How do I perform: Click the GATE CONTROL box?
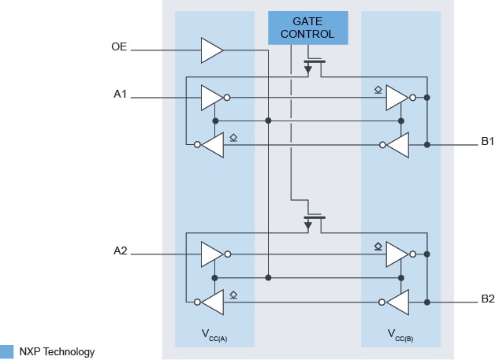pyautogui.click(x=307, y=27)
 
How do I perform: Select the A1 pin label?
pyautogui.click(x=120, y=95)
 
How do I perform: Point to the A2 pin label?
pyautogui.click(x=120, y=251)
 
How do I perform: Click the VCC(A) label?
pyautogui.click(x=214, y=334)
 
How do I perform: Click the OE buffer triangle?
pyautogui.click(x=211, y=50)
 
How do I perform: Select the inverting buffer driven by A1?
pyautogui.click(x=212, y=98)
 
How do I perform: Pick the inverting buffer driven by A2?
pyautogui.click(x=212, y=254)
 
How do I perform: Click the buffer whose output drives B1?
pyautogui.click(x=396, y=98)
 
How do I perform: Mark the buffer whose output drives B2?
pyautogui.click(x=396, y=254)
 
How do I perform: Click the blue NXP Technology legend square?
pyautogui.click(x=7, y=352)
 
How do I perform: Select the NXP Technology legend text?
pyautogui.click(x=57, y=352)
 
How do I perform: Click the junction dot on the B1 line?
pyautogui.click(x=426, y=145)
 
